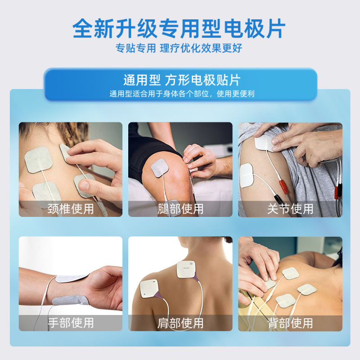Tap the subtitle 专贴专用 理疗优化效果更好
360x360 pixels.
(x=180, y=48)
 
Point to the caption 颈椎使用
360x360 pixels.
(x=71, y=209)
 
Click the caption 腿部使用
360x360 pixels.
(x=180, y=209)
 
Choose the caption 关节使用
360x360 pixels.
(x=290, y=209)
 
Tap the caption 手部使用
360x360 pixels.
(x=71, y=323)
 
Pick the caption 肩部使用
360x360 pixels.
(x=180, y=323)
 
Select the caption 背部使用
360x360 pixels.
(x=290, y=323)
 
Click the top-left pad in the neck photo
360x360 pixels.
(x=36, y=159)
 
